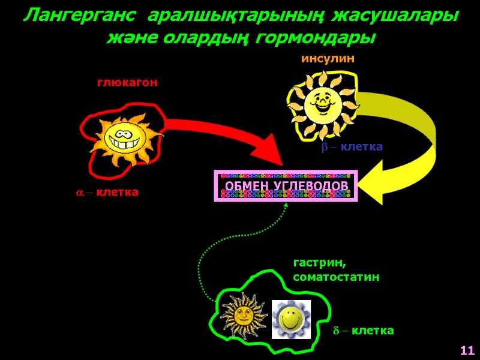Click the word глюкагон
coord(127,83)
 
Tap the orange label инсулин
coord(328,59)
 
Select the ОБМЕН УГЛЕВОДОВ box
coord(286,186)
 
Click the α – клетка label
coord(107,193)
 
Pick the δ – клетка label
coord(364,331)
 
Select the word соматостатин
coord(336,277)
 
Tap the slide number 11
coord(467,350)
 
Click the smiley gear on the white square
coord(292,318)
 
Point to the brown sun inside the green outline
coord(244,314)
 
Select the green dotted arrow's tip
coord(286,205)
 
